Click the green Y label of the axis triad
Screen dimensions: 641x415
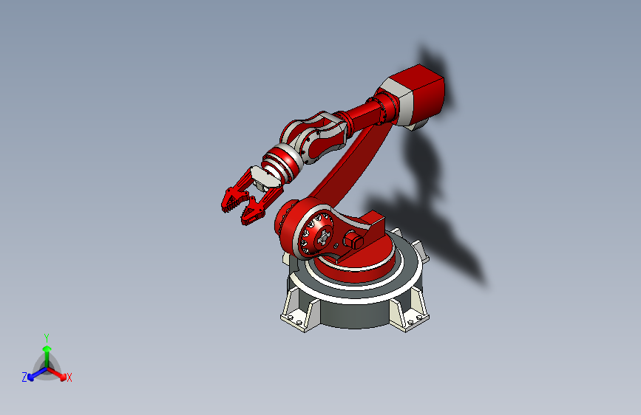(x=47, y=338)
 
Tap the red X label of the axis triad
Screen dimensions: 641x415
(x=69, y=377)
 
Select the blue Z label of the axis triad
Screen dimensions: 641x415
(x=24, y=377)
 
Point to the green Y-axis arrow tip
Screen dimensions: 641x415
(x=47, y=349)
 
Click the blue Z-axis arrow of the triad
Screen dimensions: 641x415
(x=37, y=374)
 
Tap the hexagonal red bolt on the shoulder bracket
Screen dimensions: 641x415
(x=353, y=239)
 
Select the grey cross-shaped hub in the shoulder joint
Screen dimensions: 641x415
(x=323, y=237)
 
